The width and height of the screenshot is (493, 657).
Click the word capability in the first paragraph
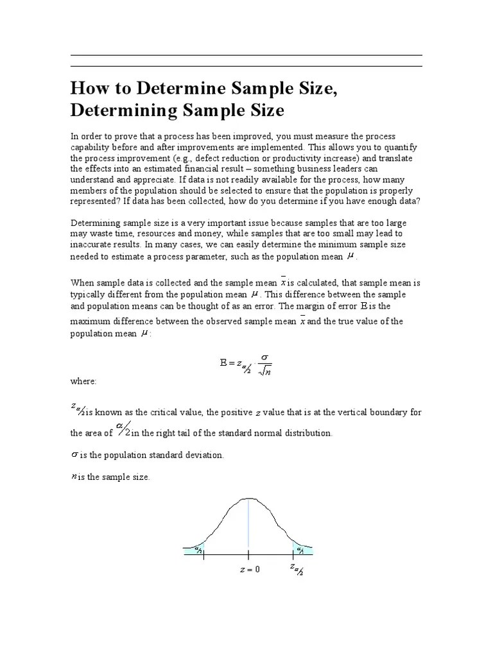coord(92,148)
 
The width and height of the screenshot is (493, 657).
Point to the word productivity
coord(304,158)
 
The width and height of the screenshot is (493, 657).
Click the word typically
coord(89,293)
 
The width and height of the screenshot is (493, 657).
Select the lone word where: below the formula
coord(83,381)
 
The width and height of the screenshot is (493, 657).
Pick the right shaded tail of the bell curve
coord(302,549)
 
